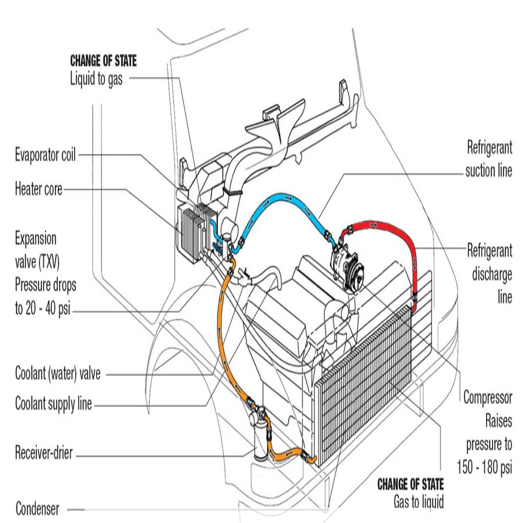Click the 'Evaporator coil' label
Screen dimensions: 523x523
[x=45, y=155]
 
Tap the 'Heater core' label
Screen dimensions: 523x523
[x=38, y=189]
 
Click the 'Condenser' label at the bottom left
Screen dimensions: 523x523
[x=37, y=509]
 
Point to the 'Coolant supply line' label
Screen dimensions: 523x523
[x=53, y=404]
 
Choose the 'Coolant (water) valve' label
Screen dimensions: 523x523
[x=58, y=374]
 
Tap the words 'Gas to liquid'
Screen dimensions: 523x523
[x=418, y=501]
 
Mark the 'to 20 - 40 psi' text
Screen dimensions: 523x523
[x=45, y=308]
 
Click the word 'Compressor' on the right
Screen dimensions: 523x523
[x=488, y=398]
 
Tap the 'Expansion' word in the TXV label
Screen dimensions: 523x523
[x=36, y=239]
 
